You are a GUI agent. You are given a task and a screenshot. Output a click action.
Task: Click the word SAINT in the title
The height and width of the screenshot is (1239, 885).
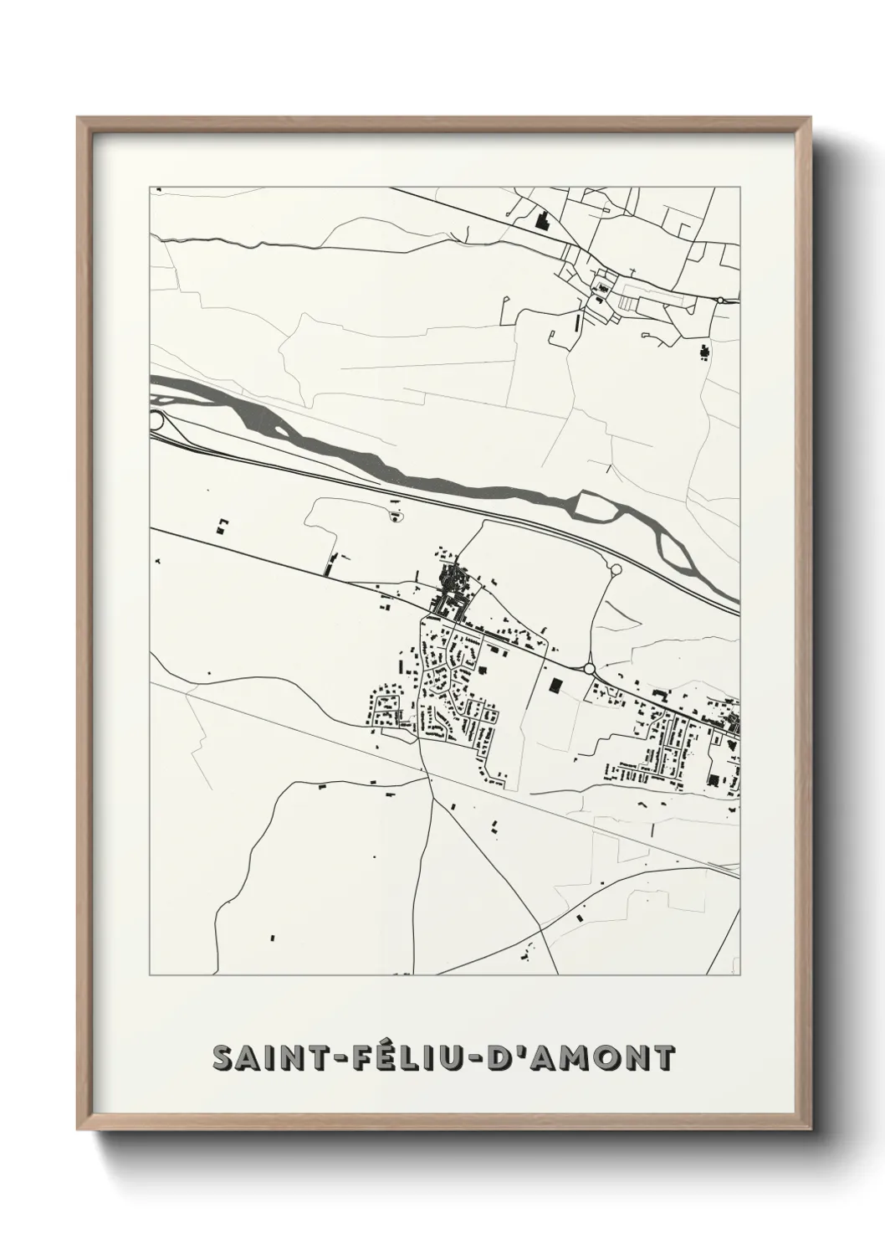pos(264,1058)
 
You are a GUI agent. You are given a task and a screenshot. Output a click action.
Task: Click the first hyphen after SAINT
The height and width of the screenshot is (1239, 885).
pos(329,1060)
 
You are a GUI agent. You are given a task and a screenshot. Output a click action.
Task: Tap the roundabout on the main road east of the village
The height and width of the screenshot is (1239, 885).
pos(590,668)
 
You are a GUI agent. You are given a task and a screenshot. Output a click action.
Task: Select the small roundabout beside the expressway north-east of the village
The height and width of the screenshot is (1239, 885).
pos(616,569)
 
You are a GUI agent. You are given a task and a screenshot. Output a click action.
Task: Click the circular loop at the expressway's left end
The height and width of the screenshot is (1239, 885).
pos(156,420)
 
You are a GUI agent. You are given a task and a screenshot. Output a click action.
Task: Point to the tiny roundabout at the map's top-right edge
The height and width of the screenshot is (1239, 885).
pos(719,300)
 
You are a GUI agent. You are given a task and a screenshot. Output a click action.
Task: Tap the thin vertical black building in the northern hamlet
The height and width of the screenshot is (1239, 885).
pos(576,321)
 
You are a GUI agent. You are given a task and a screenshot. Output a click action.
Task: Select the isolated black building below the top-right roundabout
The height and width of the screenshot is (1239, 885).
pos(703,352)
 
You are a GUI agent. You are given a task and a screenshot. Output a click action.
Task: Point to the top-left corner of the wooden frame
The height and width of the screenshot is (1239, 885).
pos(79,119)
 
